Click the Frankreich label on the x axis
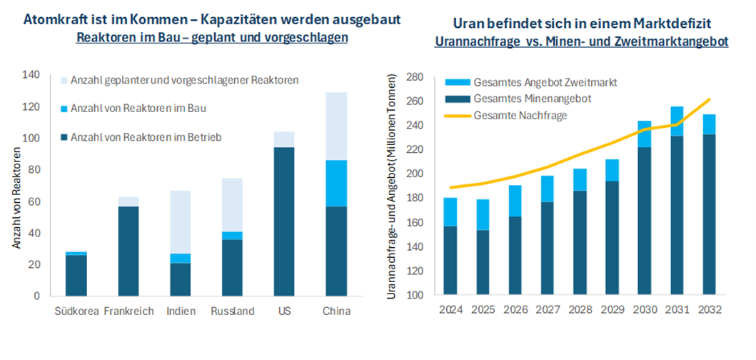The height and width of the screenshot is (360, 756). click(x=128, y=311)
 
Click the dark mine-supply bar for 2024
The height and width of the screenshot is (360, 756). click(x=451, y=261)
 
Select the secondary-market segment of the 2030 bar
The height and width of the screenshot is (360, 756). click(x=645, y=134)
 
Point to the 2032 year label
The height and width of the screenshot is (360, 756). click(x=709, y=311)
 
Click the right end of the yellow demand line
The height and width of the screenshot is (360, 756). click(x=709, y=99)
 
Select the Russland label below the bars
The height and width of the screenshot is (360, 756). click(x=233, y=311)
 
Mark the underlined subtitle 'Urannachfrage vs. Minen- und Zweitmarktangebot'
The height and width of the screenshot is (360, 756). click(x=581, y=41)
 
